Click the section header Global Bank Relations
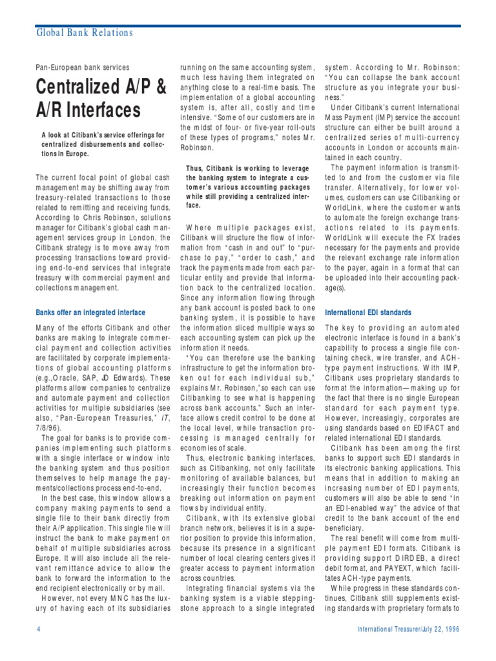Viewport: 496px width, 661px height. click(84, 33)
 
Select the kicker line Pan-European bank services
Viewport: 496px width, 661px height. click(83, 67)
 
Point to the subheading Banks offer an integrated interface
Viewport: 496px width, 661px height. click(90, 312)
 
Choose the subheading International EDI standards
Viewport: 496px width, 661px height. click(367, 312)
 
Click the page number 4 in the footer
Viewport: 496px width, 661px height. click(38, 629)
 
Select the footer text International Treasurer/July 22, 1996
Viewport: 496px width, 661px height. click(408, 629)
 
